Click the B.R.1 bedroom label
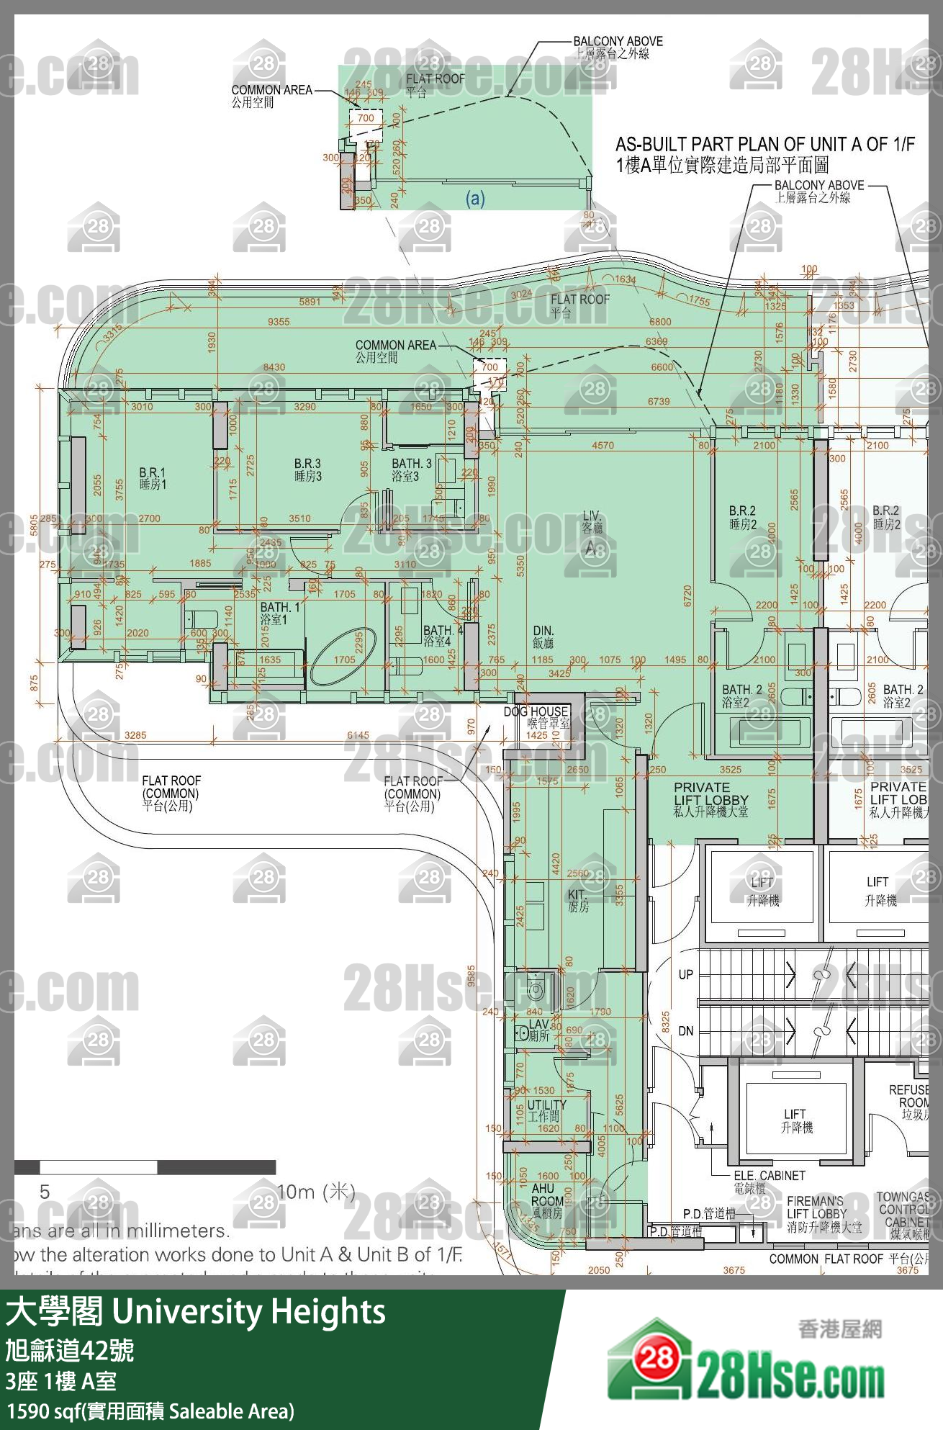[153, 478]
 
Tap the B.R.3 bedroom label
[307, 469]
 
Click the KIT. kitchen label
[578, 900]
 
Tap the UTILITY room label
[547, 1110]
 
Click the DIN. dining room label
[543, 637]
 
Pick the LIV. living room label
[592, 522]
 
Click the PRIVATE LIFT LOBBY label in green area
[710, 799]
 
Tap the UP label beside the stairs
[685, 974]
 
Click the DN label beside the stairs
[685, 1031]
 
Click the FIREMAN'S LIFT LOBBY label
[816, 1213]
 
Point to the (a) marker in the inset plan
[475, 198]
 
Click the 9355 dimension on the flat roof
[279, 321]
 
